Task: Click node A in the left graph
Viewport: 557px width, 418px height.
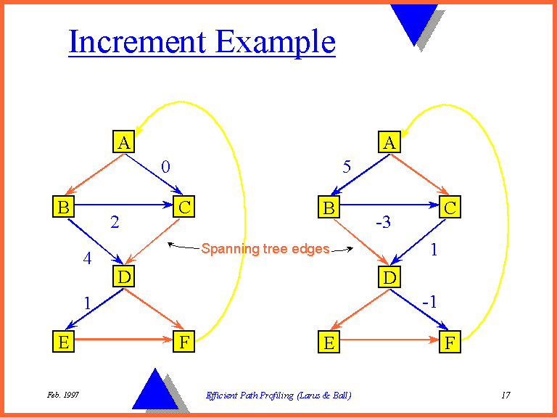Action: point(124,142)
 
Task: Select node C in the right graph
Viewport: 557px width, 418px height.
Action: point(450,208)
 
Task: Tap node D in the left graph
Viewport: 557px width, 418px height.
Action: point(124,276)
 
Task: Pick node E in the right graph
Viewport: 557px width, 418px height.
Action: point(329,343)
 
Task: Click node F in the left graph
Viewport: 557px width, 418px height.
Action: point(183,343)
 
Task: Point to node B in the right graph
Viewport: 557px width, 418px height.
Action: point(329,208)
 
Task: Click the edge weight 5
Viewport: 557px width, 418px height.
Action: point(347,168)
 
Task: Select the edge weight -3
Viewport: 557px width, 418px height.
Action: point(383,223)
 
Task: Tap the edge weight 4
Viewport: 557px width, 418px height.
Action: point(87,258)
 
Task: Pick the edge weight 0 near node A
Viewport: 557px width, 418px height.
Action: point(165,167)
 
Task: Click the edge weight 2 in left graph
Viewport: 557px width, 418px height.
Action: point(115,223)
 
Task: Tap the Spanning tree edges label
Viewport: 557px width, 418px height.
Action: point(265,249)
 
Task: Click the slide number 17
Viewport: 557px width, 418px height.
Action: point(506,396)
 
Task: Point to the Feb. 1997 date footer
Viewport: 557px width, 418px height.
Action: point(63,395)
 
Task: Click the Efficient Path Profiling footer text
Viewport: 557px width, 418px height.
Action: point(278,396)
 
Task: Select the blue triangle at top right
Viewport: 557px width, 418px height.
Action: point(414,20)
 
